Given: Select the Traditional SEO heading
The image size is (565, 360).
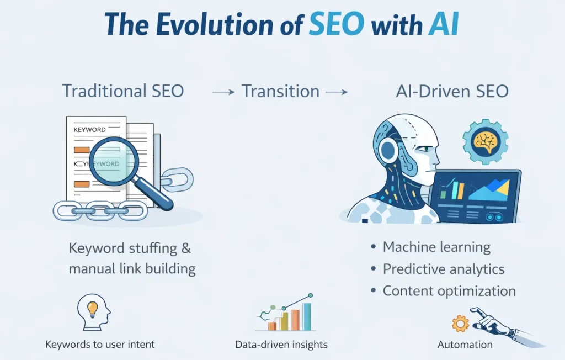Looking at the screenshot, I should tap(122, 91).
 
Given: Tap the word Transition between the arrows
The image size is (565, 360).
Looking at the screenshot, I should tap(281, 91).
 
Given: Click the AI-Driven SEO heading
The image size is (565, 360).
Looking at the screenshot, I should tap(452, 91).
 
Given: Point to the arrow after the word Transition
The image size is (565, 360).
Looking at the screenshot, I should tap(336, 92).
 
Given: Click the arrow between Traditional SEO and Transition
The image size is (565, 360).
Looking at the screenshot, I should tap(224, 92).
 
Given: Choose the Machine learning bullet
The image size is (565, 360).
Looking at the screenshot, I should tap(436, 247).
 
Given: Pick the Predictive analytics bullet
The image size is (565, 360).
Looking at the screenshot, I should tap(443, 269).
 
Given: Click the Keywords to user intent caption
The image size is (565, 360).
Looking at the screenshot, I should tap(100, 344).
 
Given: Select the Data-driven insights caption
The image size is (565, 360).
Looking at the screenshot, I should tap(281, 344).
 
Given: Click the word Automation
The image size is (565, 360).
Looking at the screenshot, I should tap(465, 345).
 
